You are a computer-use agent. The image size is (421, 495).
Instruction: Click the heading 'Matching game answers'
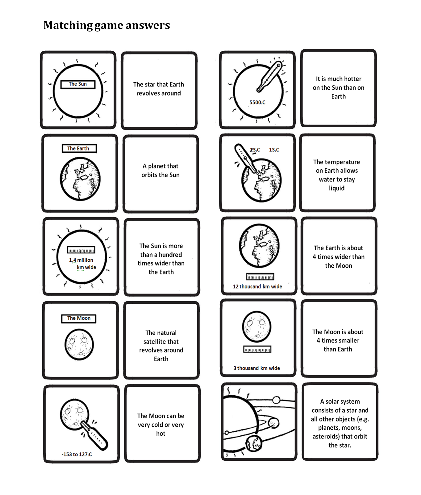106,25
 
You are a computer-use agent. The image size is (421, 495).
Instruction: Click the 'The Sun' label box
78,84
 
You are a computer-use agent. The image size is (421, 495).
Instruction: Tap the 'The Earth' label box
79,148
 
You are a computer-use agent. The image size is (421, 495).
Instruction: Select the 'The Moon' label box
79,318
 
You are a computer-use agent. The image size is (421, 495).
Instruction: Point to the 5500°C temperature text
257,102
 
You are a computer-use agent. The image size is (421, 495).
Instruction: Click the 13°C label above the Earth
274,150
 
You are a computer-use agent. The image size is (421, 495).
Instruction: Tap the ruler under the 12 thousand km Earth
260,277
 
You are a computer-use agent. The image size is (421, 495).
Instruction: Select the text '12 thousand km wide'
257,286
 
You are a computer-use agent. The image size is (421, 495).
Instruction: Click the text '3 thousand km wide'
256,368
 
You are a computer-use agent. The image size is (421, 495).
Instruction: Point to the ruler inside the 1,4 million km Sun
81,250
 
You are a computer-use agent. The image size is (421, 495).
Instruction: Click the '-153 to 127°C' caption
77,454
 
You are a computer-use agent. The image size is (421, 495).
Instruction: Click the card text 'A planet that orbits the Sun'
160,171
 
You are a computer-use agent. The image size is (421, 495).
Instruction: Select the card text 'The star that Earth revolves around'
159,89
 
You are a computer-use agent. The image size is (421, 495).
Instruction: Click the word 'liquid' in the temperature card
336,188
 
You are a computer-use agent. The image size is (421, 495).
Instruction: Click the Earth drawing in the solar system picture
254,444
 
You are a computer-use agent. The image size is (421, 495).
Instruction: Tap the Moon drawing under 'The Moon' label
79,345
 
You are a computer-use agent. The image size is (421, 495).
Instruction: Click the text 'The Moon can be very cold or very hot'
160,425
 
